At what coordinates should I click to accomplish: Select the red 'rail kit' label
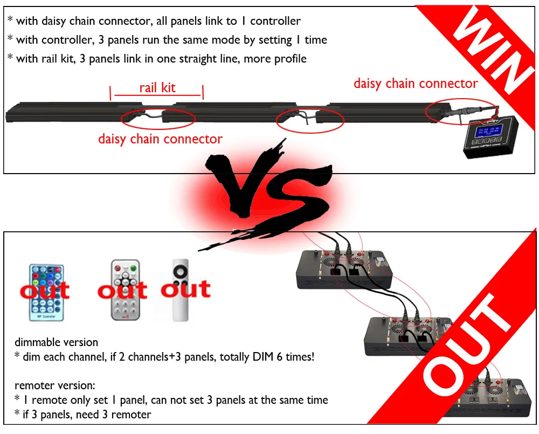pyautogui.click(x=157, y=88)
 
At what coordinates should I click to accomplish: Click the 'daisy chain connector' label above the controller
pyautogui.click(x=415, y=84)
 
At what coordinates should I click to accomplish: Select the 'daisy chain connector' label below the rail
pyautogui.click(x=160, y=139)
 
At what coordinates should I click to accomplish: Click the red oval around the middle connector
pyautogui.click(x=310, y=119)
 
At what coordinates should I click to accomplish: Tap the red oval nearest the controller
pyautogui.click(x=461, y=112)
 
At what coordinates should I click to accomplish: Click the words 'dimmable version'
pyautogui.click(x=56, y=342)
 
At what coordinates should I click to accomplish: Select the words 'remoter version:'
pyautogui.click(x=55, y=386)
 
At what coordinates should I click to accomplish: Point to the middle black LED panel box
pyautogui.click(x=410, y=337)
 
